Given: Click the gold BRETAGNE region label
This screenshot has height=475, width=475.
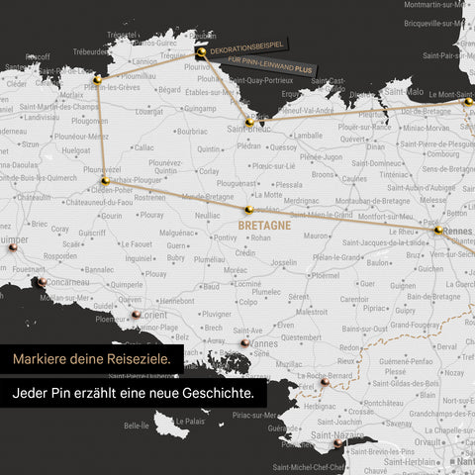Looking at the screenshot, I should (x=264, y=226).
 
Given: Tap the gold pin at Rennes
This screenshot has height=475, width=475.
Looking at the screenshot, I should (x=438, y=230).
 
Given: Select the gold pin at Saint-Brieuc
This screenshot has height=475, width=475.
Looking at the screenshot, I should (x=250, y=122).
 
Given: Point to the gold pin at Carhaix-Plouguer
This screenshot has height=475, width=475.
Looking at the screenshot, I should (x=105, y=181).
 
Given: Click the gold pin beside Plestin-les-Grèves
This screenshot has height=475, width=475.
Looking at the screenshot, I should (x=97, y=78).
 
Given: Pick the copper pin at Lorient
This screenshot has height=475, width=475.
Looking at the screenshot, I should (x=161, y=314).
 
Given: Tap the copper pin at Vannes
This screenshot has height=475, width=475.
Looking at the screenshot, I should (x=243, y=342).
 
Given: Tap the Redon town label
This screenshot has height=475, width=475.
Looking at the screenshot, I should (x=348, y=348).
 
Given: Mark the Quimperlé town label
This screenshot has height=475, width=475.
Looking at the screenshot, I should (x=126, y=283).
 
